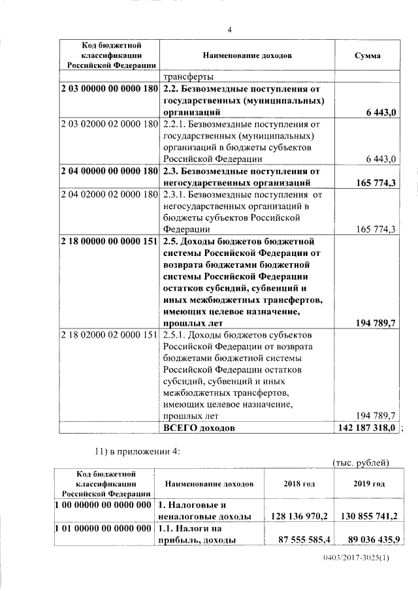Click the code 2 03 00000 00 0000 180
point(109,88)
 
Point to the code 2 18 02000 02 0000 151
point(109,335)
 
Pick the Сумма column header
point(368,56)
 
